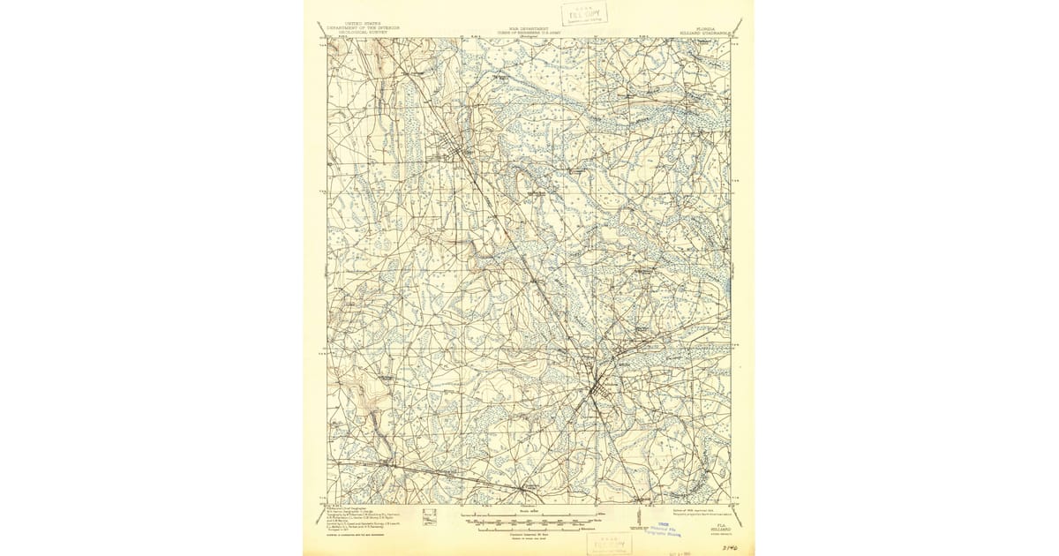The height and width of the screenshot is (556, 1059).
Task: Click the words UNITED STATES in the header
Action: pyautogui.click(x=358, y=20)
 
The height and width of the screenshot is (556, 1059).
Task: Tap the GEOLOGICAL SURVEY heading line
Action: pyautogui.click(x=358, y=31)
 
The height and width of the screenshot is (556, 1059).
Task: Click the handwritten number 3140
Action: pyautogui.click(x=729, y=548)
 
